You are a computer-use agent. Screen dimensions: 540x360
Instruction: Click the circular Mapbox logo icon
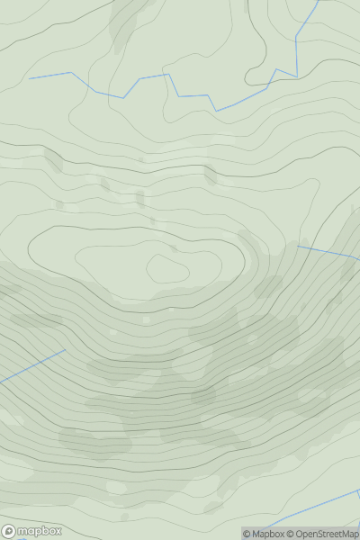point(10,531)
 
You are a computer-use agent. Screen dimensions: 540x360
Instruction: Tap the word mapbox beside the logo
point(40,531)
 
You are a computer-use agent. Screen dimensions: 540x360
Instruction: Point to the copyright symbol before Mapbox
point(247,534)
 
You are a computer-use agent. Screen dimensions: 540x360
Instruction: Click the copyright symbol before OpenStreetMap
point(291,534)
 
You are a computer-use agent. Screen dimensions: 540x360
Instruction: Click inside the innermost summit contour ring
point(167,268)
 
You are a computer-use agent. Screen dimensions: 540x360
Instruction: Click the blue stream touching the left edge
point(31,366)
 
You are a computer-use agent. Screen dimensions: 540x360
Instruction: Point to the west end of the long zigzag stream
point(30,78)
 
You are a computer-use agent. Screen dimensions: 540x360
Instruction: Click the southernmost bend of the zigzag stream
point(216,111)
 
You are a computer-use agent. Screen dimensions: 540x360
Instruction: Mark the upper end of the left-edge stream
point(66,350)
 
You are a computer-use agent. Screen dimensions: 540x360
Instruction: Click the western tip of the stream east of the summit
point(298,246)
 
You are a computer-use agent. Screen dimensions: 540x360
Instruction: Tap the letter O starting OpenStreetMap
point(300,534)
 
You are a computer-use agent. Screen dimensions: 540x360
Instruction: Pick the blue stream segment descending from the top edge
point(308,22)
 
